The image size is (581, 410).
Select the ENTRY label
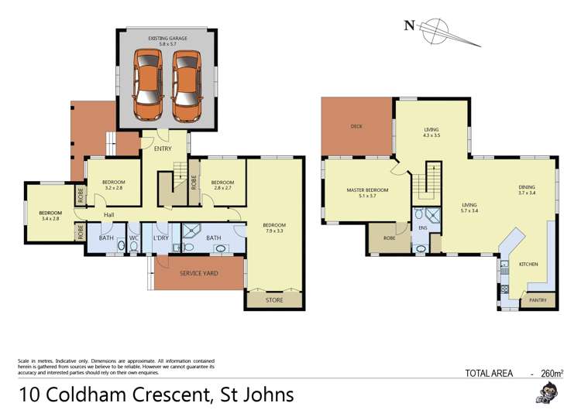click(x=163, y=149)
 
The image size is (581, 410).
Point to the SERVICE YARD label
click(x=199, y=273)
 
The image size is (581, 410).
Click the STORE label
click(x=274, y=299)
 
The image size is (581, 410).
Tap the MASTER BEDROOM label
click(x=367, y=190)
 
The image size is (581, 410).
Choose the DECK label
click(x=356, y=126)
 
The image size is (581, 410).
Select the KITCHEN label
click(x=528, y=265)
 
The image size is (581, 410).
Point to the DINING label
click(x=528, y=186)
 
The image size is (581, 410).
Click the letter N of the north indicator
click(x=408, y=25)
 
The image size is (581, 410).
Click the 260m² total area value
click(x=551, y=373)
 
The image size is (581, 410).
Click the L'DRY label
click(x=162, y=237)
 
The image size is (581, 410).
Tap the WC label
click(x=133, y=237)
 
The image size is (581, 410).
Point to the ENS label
click(x=423, y=229)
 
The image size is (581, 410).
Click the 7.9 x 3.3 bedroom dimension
click(x=274, y=231)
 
